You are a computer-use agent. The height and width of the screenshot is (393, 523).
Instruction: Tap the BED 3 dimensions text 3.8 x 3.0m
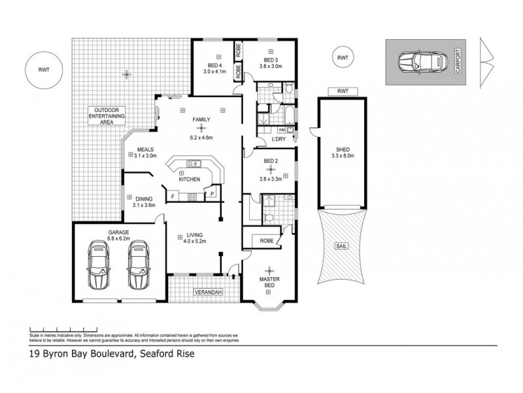coord(271,65)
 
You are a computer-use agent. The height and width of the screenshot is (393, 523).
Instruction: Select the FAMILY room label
coord(201,120)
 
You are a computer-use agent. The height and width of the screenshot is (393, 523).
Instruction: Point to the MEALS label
coord(146,149)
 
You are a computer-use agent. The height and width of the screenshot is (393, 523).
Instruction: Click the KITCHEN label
coord(190,178)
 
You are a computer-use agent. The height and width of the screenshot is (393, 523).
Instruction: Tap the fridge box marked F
coord(173,195)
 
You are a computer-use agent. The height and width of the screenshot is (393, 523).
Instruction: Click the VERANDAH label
coord(207,292)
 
